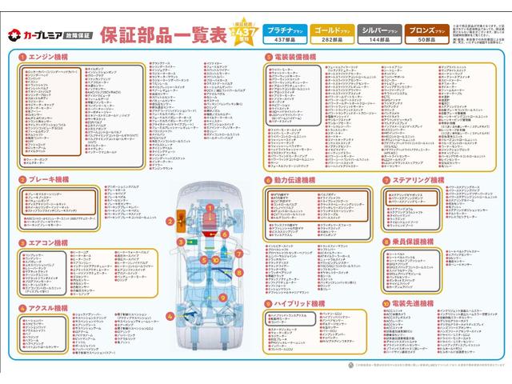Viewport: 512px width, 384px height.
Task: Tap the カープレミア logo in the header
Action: click(49, 35)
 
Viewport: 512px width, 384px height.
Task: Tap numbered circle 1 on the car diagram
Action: click(210, 207)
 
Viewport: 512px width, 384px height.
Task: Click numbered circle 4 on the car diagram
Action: click(170, 316)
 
